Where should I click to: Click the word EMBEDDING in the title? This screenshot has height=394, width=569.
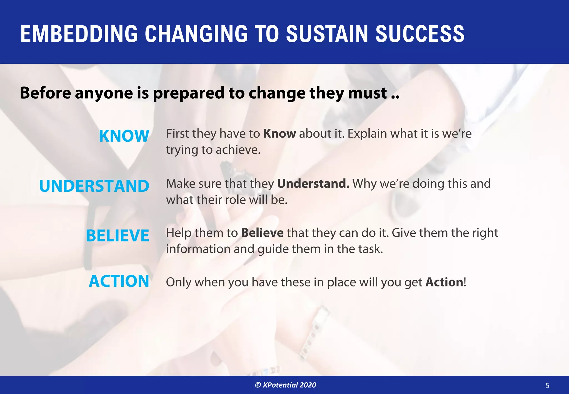pos(79,34)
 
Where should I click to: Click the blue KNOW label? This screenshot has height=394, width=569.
pos(124,136)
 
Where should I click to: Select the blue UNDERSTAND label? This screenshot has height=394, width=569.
pos(94,186)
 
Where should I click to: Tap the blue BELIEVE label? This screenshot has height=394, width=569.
pos(118,236)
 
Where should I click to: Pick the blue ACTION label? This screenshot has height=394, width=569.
pos(119,281)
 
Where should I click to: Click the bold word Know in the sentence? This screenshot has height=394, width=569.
pos(279,134)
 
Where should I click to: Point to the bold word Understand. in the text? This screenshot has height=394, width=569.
pos(313,184)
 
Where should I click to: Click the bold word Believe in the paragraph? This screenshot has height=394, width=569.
pos(262,233)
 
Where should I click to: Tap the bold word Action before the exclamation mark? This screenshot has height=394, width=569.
pos(444,282)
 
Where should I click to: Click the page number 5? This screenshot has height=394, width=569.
pos(547,386)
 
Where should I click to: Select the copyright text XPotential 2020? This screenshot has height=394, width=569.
pos(286,385)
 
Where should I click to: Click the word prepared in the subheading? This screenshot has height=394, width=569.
pos(188,93)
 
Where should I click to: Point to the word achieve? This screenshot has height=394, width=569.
pos(238,150)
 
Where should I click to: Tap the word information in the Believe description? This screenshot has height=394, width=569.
pos(198,249)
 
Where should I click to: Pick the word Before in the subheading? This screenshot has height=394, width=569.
pos(45,93)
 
